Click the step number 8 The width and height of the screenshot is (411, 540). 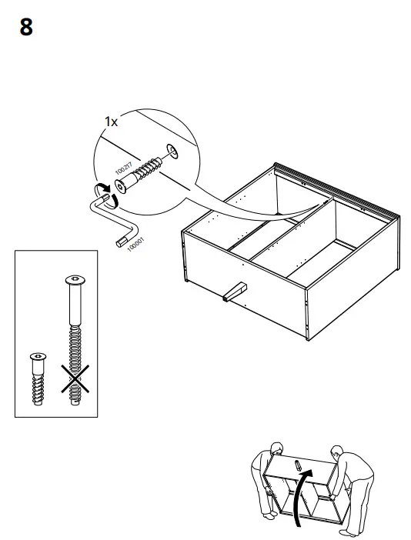click(x=26, y=27)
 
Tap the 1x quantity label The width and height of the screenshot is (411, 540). click(x=111, y=122)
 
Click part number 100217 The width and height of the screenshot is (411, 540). click(x=123, y=168)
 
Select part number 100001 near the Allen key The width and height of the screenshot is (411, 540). click(x=135, y=245)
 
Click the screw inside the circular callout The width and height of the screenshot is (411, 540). click(x=139, y=173)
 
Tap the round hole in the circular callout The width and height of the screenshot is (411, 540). click(x=172, y=152)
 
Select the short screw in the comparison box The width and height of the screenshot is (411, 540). click(x=38, y=378)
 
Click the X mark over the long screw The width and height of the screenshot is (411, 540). click(x=75, y=378)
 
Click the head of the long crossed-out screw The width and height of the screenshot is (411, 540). click(x=75, y=280)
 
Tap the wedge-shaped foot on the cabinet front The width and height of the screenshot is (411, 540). click(x=235, y=292)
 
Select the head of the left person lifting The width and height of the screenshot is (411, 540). click(x=276, y=448)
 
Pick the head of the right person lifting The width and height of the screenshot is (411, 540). click(x=336, y=452)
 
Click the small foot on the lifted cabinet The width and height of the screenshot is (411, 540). click(x=298, y=465)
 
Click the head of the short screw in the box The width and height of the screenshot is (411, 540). click(x=38, y=356)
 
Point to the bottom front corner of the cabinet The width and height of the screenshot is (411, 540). click(x=307, y=339)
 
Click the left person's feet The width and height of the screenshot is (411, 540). click(x=269, y=515)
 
